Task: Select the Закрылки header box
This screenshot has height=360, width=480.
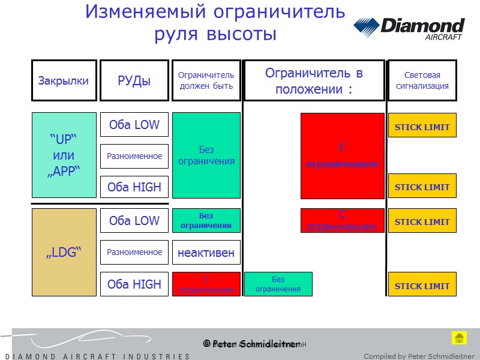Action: click(64, 80)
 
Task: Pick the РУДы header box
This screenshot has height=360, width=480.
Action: click(134, 80)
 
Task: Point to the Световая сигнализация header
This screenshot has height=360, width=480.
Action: click(422, 80)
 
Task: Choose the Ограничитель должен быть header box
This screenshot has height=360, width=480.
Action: click(206, 80)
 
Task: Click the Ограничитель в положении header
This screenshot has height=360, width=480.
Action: click(314, 80)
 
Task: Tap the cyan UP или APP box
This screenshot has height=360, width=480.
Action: click(64, 155)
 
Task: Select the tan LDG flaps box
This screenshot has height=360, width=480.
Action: click(64, 252)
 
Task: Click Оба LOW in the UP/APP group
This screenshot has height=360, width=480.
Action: click(134, 125)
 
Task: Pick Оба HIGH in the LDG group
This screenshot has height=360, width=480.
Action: click(134, 284)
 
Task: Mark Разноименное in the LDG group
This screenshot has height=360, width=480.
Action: click(134, 252)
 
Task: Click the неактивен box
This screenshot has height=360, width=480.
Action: click(206, 253)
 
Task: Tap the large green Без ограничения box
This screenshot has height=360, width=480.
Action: click(206, 155)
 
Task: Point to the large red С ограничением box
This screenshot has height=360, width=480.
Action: click(342, 155)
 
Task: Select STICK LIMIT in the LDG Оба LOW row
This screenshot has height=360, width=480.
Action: click(422, 221)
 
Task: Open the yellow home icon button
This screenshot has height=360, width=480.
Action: click(459, 338)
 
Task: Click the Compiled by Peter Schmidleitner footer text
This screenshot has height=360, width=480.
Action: click(419, 356)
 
